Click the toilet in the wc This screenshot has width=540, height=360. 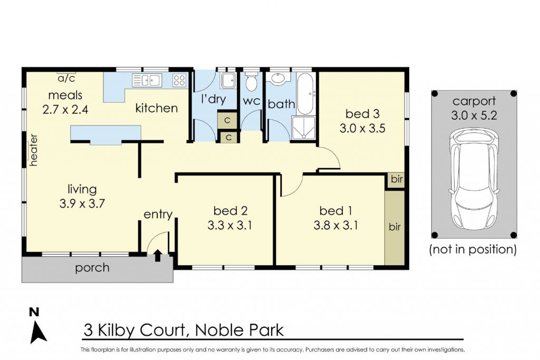[251, 81]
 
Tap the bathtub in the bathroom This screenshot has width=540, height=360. [305, 94]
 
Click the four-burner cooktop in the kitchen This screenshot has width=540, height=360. [180, 80]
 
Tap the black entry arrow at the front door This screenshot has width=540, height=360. [158, 255]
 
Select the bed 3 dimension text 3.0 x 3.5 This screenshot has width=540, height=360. [362, 129]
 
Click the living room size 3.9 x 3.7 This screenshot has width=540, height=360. [82, 203]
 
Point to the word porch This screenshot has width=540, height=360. [92, 268]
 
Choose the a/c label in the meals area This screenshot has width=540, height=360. [66, 79]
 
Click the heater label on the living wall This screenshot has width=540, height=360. [33, 150]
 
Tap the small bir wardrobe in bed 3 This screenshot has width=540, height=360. [397, 179]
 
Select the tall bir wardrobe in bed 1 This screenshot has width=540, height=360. [394, 227]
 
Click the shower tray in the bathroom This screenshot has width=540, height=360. [303, 128]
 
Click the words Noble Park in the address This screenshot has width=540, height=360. [239, 330]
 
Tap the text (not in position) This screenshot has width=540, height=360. [473, 249]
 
